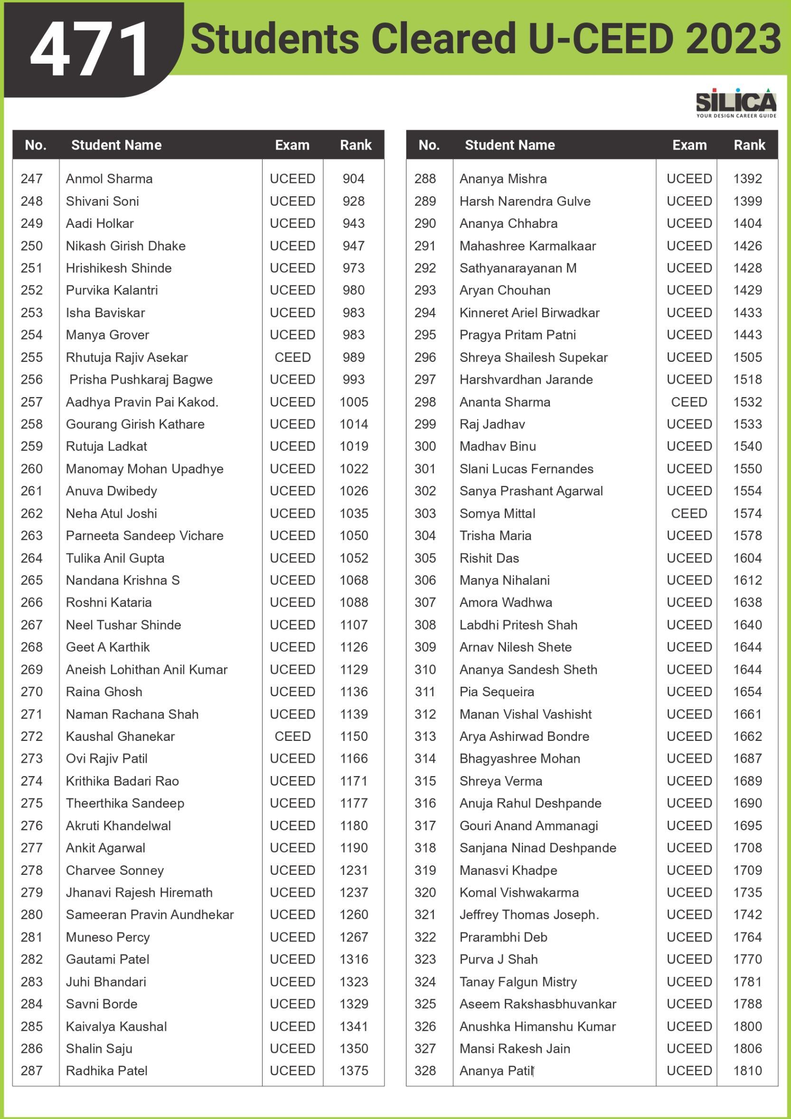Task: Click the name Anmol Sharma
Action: [109, 179]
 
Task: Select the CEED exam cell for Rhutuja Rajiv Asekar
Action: [292, 357]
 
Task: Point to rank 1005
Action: [354, 402]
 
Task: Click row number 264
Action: [32, 558]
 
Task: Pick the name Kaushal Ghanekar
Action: [120, 736]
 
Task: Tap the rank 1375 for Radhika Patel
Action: [354, 1071]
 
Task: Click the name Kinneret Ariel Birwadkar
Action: [529, 313]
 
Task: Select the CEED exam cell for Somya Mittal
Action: [689, 513]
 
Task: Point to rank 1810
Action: [747, 1071]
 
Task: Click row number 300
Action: [425, 446]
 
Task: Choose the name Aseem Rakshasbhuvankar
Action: [538, 1004]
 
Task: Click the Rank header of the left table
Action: [356, 145]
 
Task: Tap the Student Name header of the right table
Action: [509, 145]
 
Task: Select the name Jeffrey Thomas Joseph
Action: [529, 915]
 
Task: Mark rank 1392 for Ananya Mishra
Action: [747, 179]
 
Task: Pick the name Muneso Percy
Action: [108, 937]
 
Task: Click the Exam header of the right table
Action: [689, 145]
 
